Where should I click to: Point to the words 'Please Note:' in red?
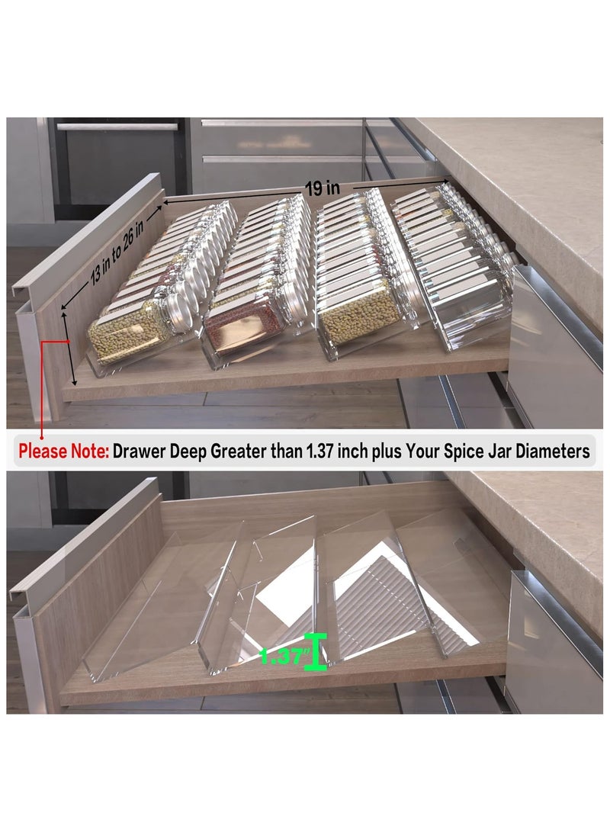pos(64,451)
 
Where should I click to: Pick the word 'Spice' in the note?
pos(457,451)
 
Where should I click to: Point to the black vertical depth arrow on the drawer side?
pos(72,351)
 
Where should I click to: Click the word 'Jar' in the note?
pos(493,451)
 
